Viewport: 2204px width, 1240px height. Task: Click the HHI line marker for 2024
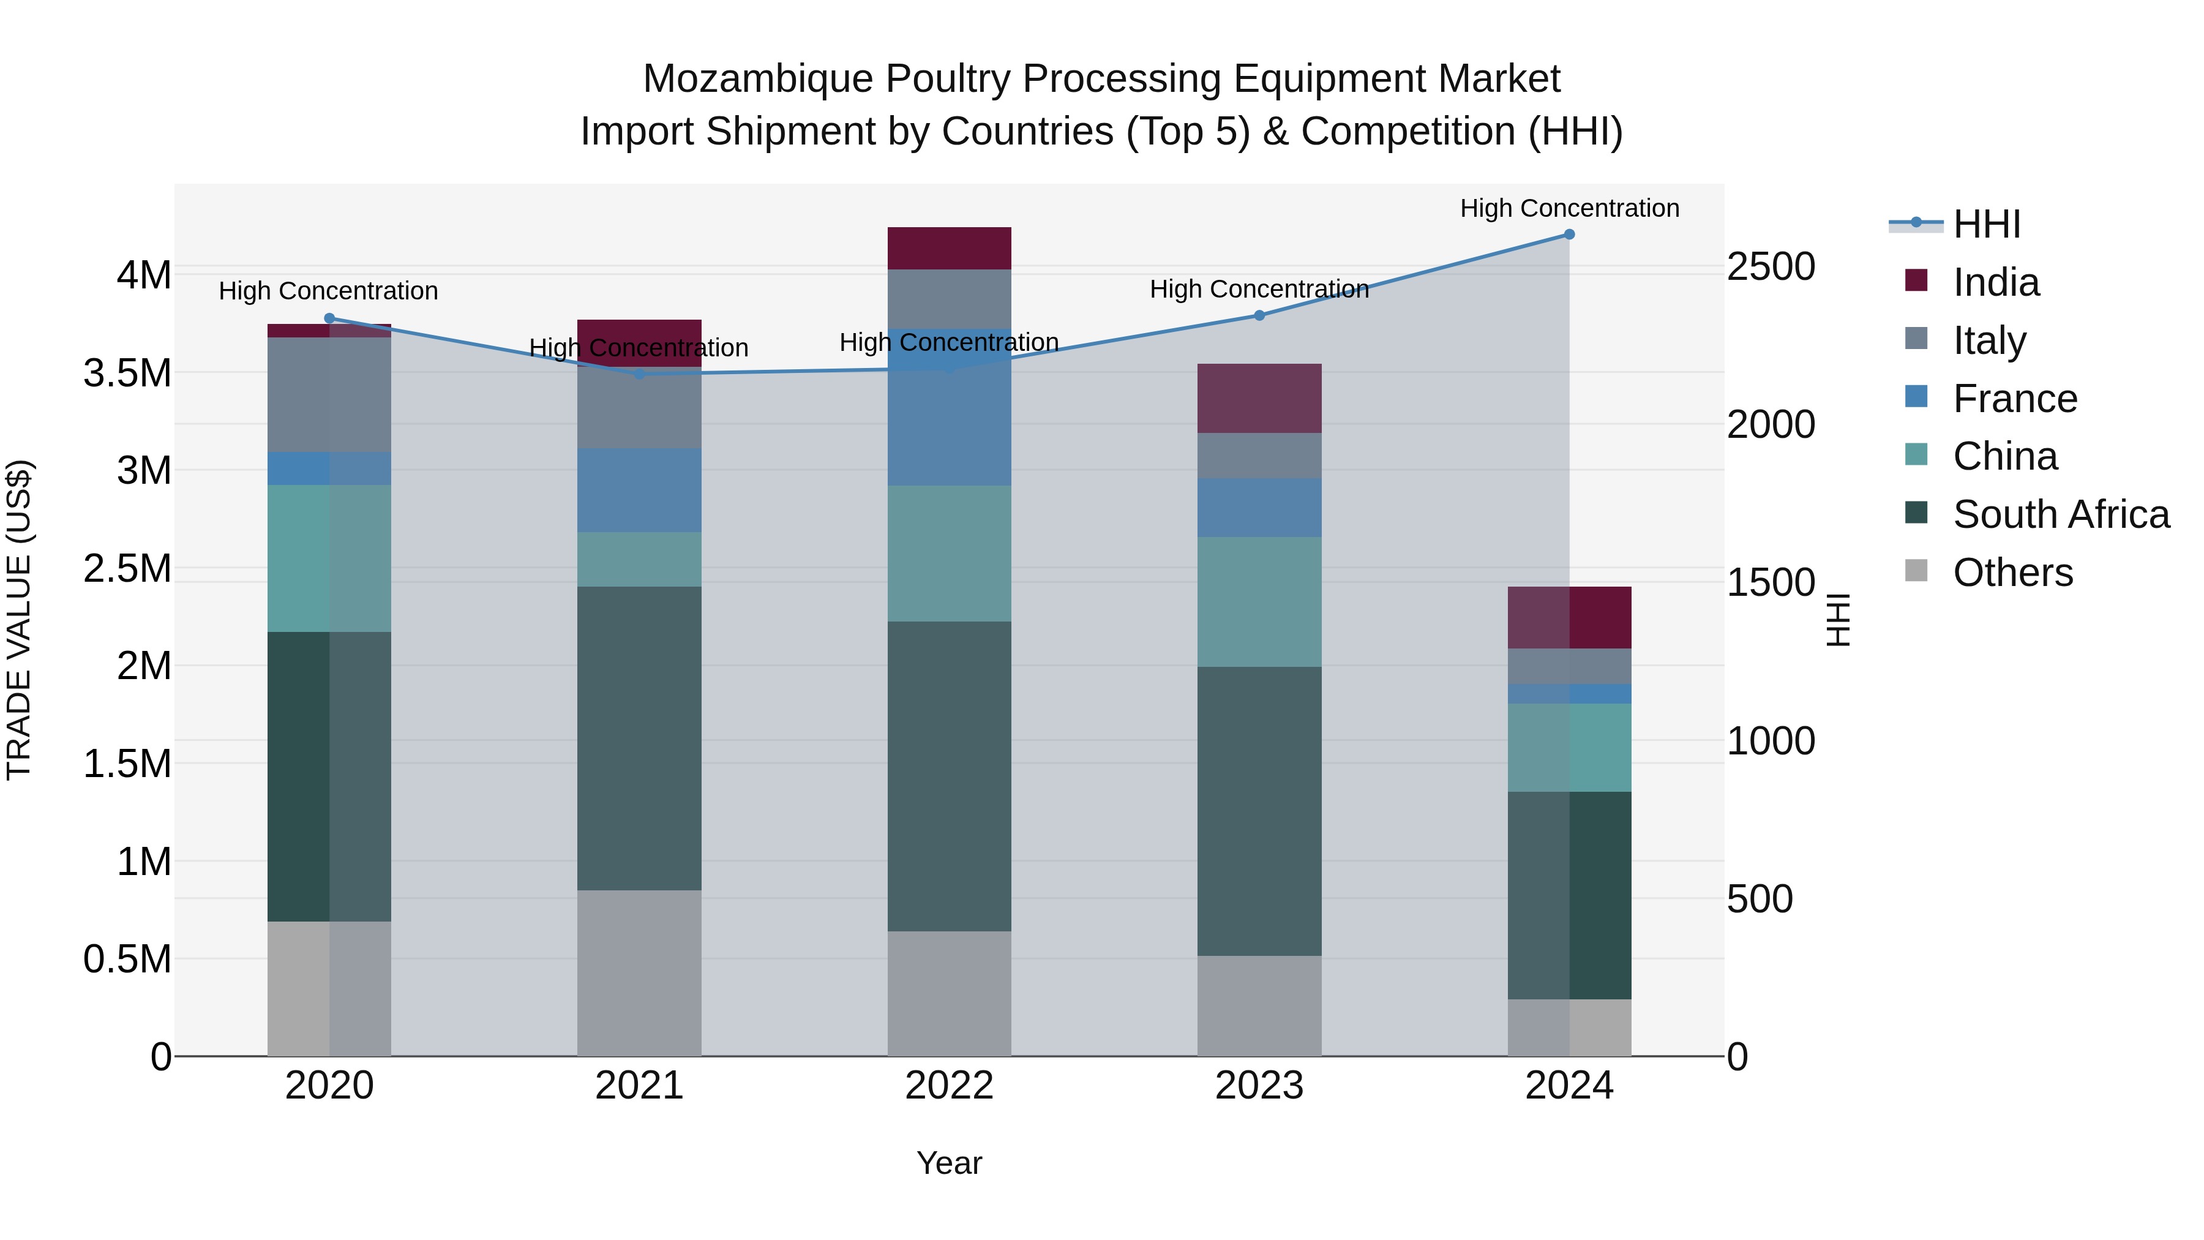click(x=1569, y=235)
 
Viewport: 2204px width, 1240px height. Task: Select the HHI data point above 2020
click(x=329, y=318)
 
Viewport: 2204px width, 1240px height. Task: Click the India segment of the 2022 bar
click(x=949, y=248)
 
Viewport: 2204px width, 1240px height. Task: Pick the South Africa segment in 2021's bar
click(x=639, y=738)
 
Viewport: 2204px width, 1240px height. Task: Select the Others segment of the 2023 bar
click(x=1259, y=1005)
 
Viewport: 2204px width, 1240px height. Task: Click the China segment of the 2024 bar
click(x=1569, y=747)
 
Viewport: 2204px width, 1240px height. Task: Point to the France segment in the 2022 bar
click(x=949, y=407)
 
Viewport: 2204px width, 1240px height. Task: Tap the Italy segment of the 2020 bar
click(x=329, y=394)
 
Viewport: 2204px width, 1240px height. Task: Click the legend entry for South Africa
click(x=2060, y=514)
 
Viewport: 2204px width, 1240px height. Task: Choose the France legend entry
click(x=2014, y=399)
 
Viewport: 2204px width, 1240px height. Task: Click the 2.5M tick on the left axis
click(x=127, y=568)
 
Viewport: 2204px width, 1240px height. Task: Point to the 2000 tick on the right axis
click(x=1770, y=424)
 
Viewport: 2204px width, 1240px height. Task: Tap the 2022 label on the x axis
click(x=949, y=1086)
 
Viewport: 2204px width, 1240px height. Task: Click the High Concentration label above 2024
click(x=1569, y=209)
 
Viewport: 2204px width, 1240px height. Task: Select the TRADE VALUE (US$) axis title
click(x=19, y=620)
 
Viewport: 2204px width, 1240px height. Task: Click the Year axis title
click(x=949, y=1163)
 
